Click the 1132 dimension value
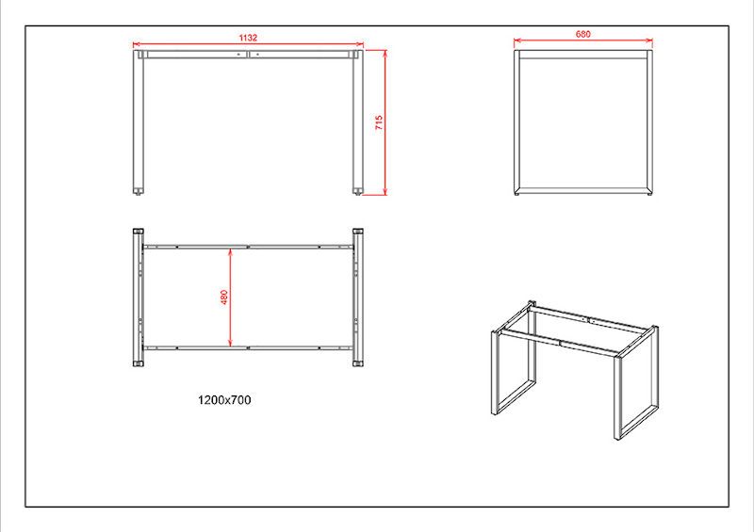pyautogui.click(x=248, y=38)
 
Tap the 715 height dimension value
pyautogui.click(x=379, y=122)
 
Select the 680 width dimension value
pyautogui.click(x=582, y=34)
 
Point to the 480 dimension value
pyautogui.click(x=224, y=297)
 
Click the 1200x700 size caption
pyautogui.click(x=224, y=400)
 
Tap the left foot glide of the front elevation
pyautogui.click(x=139, y=192)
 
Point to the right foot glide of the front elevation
pyautogui.click(x=358, y=192)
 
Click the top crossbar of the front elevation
pyautogui.click(x=248, y=55)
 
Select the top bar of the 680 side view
pyautogui.click(x=582, y=55)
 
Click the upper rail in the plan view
pyautogui.click(x=248, y=247)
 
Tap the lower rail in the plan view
pyautogui.click(x=248, y=347)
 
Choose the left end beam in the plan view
pyautogui.click(x=138, y=298)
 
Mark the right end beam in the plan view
pyautogui.click(x=358, y=298)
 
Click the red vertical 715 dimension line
pyautogui.click(x=385, y=122)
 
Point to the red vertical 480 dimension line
pyautogui.click(x=230, y=297)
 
